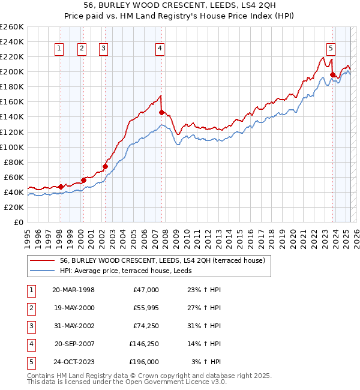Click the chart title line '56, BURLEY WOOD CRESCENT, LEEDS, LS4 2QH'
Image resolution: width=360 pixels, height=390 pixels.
click(180, 5)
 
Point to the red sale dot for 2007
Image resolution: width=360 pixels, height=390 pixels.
click(161, 112)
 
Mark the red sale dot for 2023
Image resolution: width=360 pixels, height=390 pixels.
click(332, 74)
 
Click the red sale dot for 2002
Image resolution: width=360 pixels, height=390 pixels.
click(105, 166)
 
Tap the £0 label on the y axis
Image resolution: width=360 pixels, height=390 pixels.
click(19, 222)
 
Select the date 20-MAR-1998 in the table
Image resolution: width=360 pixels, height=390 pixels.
click(73, 290)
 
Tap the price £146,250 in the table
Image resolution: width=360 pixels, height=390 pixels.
click(144, 344)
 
